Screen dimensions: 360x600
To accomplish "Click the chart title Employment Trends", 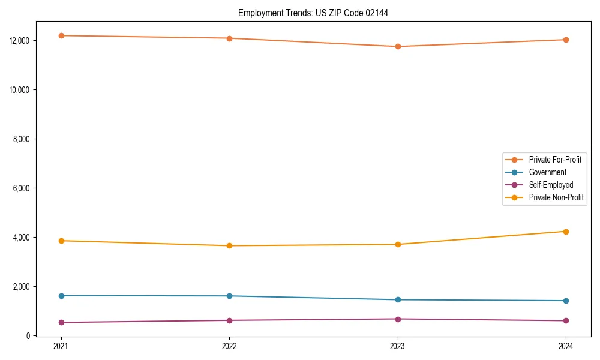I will pos(313,13).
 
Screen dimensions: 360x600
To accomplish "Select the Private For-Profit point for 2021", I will pos(61,35).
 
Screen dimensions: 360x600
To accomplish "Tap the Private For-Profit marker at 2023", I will pos(398,46).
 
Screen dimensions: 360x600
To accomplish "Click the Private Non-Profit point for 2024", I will pos(566,232).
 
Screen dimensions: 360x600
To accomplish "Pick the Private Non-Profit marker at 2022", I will pos(229,245).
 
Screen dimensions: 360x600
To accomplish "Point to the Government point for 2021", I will pos(61,296).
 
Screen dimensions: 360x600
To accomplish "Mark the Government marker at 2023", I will pos(398,299).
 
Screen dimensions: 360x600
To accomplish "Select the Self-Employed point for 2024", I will pos(566,320).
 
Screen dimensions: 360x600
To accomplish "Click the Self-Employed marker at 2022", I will pos(229,320).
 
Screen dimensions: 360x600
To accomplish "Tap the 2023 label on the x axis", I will pos(398,346).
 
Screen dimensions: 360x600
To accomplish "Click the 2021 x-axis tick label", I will pos(61,346).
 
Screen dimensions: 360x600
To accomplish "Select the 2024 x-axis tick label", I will pos(566,346).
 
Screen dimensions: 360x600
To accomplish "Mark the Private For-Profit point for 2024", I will pos(566,40).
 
